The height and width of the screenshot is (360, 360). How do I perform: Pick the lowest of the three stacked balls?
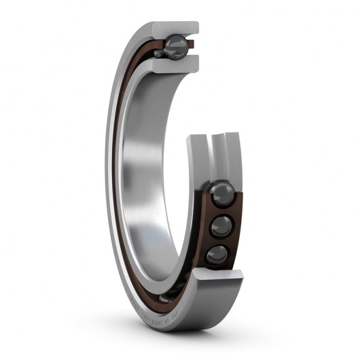[x=217, y=255]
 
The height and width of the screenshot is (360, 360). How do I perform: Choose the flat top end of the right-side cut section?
[x=214, y=138]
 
